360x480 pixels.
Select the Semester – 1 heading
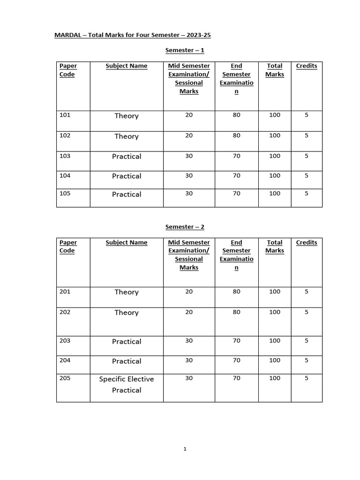pos(185,50)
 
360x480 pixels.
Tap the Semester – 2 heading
pos(185,227)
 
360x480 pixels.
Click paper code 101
pos(65,115)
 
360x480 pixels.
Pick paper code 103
pos(65,156)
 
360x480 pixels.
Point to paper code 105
pos(65,193)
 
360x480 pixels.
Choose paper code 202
pos(65,312)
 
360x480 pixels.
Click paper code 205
pos(65,378)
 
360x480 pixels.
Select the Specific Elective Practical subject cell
pos(127,384)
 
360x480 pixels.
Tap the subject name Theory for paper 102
pos(127,136)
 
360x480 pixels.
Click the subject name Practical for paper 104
pos(127,176)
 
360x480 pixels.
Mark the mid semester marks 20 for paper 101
pos(189,115)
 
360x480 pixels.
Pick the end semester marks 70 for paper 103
pos(236,156)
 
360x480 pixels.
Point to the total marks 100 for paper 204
pos(275,360)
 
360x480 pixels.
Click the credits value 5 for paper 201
pos(307,291)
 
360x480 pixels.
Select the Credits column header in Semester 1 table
pos(307,66)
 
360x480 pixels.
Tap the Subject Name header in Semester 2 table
pos(127,242)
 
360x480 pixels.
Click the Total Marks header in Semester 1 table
pos(275,70)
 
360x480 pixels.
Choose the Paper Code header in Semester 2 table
pos(68,247)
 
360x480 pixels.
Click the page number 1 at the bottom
pos(185,449)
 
